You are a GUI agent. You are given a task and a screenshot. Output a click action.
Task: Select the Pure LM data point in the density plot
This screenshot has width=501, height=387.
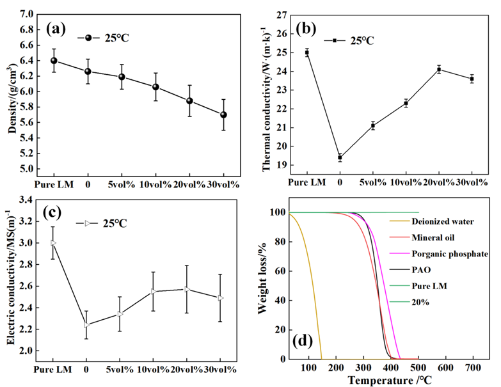[x=54, y=61]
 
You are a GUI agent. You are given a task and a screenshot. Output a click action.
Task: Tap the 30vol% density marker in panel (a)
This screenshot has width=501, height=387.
[x=223, y=115]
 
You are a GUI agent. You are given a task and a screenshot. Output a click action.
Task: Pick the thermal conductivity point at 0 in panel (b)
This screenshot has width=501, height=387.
[x=340, y=157]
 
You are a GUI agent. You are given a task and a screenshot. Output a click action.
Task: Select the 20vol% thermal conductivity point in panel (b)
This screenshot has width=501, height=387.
[x=439, y=69]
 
